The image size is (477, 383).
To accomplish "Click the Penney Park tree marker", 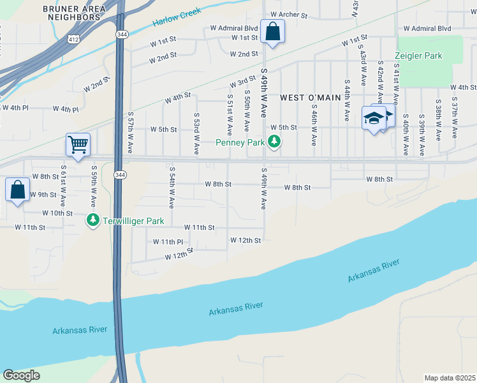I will (274, 141).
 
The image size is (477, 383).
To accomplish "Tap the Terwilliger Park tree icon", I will (93, 220).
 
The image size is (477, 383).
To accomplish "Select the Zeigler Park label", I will (418, 56).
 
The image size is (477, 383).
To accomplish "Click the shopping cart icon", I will (78, 144).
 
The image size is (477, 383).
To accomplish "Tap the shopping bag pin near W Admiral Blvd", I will (272, 31).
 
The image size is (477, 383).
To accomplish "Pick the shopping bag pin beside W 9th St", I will (17, 189).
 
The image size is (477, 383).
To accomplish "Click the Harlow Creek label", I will (177, 17).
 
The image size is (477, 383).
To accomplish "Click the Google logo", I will (21, 375).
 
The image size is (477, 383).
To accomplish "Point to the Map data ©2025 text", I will (450, 378).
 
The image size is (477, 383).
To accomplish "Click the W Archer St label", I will (289, 14).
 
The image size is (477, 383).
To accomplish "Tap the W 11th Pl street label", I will (168, 242).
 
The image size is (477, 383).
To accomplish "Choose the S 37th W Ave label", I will (454, 118).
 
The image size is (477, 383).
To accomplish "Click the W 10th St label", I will (57, 213).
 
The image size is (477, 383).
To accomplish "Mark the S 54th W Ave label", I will (172, 188).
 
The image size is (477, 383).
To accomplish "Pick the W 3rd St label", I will (242, 84).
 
